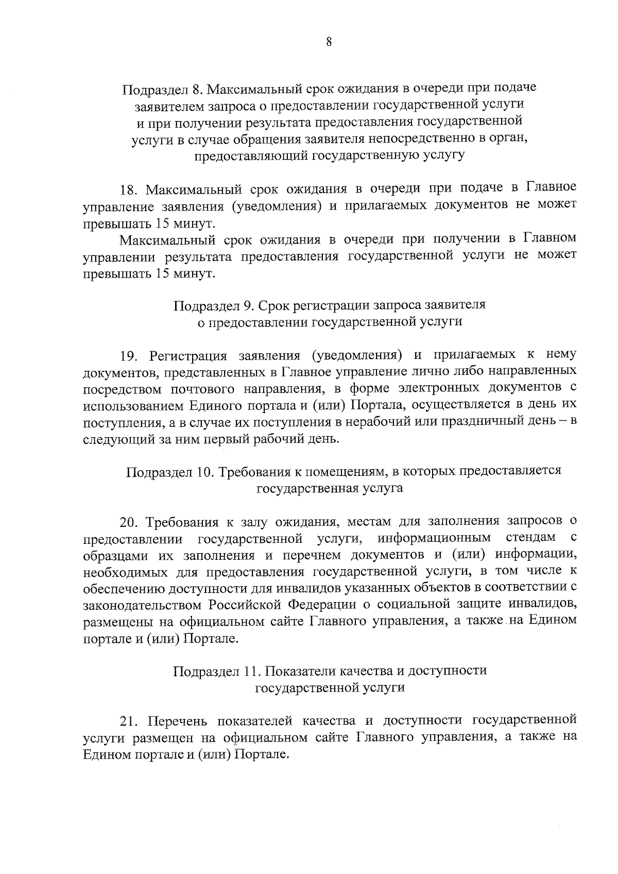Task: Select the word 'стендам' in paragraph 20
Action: (530, 539)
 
